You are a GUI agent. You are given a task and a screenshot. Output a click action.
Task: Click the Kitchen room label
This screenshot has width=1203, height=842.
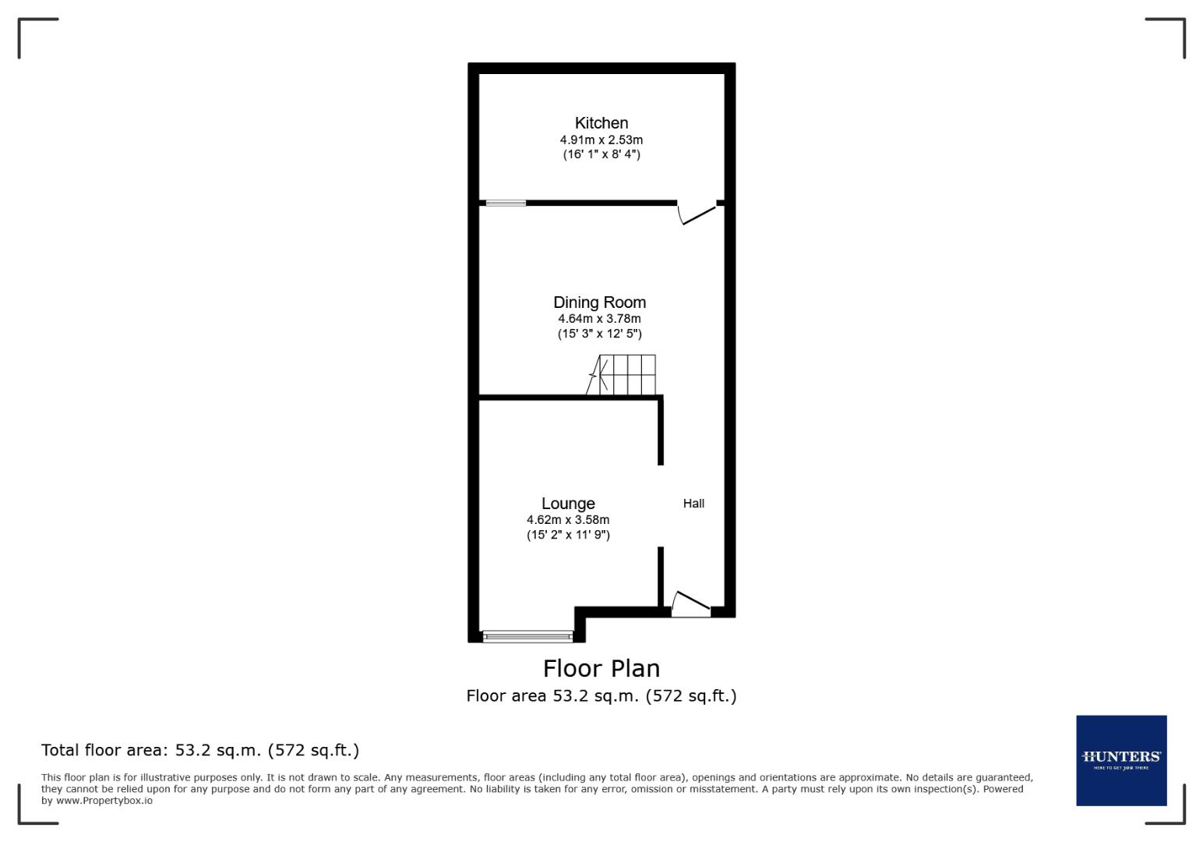click(601, 123)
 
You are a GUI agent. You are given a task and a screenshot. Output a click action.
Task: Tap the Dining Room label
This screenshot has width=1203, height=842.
click(599, 302)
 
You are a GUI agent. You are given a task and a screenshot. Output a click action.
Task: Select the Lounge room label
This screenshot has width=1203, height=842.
click(568, 504)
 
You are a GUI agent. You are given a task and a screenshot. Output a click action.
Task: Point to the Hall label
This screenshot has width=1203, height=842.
click(693, 504)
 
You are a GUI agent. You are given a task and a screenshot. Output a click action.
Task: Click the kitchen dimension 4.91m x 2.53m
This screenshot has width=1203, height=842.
click(601, 140)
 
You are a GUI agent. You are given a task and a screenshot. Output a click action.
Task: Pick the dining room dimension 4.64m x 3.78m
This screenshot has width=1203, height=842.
click(599, 319)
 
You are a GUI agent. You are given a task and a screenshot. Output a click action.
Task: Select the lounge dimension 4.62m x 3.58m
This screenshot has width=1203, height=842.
click(568, 520)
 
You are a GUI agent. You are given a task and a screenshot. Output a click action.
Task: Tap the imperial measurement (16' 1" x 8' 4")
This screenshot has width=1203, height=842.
click(601, 154)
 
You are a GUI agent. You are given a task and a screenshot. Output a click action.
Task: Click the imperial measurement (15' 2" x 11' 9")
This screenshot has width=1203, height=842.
click(568, 535)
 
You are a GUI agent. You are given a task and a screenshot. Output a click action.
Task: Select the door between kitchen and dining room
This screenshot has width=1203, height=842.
click(697, 212)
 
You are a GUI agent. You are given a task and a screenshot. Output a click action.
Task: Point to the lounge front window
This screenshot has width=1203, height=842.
click(527, 637)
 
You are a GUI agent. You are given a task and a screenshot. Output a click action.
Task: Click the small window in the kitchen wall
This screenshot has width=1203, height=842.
click(506, 203)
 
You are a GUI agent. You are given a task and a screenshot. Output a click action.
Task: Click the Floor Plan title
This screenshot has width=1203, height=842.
click(601, 669)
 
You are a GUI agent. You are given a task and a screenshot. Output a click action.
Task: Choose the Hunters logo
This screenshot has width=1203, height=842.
click(1120, 760)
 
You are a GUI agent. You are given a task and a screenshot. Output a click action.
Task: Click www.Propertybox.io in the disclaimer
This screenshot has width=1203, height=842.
click(104, 801)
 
